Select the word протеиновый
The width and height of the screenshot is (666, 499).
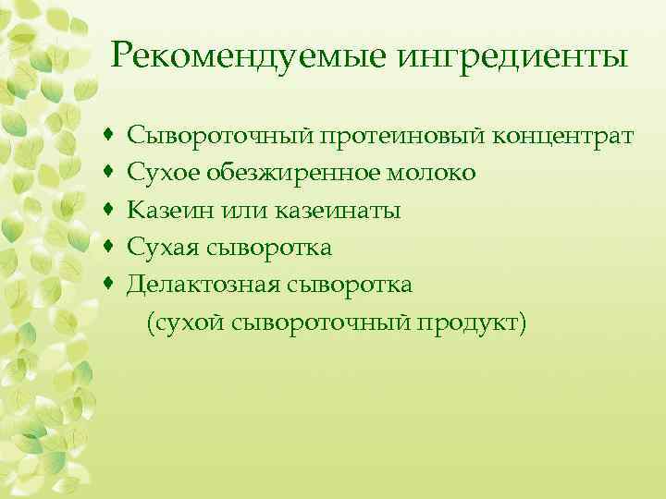[x=395, y=136]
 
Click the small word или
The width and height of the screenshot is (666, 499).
[x=238, y=210]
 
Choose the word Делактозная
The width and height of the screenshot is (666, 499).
[x=197, y=284]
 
